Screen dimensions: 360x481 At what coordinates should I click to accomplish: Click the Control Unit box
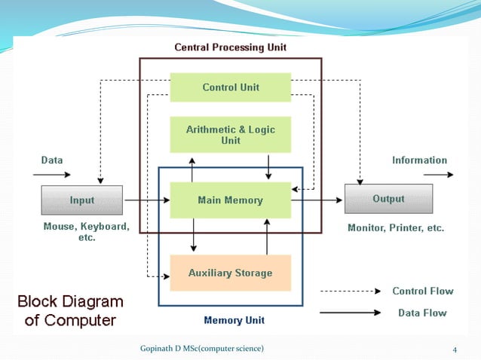(231, 87)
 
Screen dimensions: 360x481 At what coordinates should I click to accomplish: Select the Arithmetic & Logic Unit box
(231, 135)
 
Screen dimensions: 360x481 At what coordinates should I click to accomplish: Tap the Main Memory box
(231, 200)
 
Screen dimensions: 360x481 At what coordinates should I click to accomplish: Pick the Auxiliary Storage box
(231, 273)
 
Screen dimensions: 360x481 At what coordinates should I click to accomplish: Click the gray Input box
(82, 200)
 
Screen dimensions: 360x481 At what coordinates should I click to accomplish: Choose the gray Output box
(388, 199)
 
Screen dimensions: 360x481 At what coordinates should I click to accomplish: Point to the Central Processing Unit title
(230, 47)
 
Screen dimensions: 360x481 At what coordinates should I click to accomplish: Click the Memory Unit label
(234, 320)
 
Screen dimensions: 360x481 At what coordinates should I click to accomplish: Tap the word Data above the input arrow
(52, 160)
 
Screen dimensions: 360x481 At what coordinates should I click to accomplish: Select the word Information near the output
(419, 160)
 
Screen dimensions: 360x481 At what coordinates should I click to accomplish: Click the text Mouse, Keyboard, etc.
(86, 232)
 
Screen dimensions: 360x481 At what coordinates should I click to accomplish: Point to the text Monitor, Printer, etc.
(395, 227)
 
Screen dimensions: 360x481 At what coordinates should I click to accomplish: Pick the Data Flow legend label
(422, 313)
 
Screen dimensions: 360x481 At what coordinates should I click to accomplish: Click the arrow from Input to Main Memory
(147, 200)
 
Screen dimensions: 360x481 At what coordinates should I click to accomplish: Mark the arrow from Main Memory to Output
(317, 200)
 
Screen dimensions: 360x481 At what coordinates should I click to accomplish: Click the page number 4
(455, 348)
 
